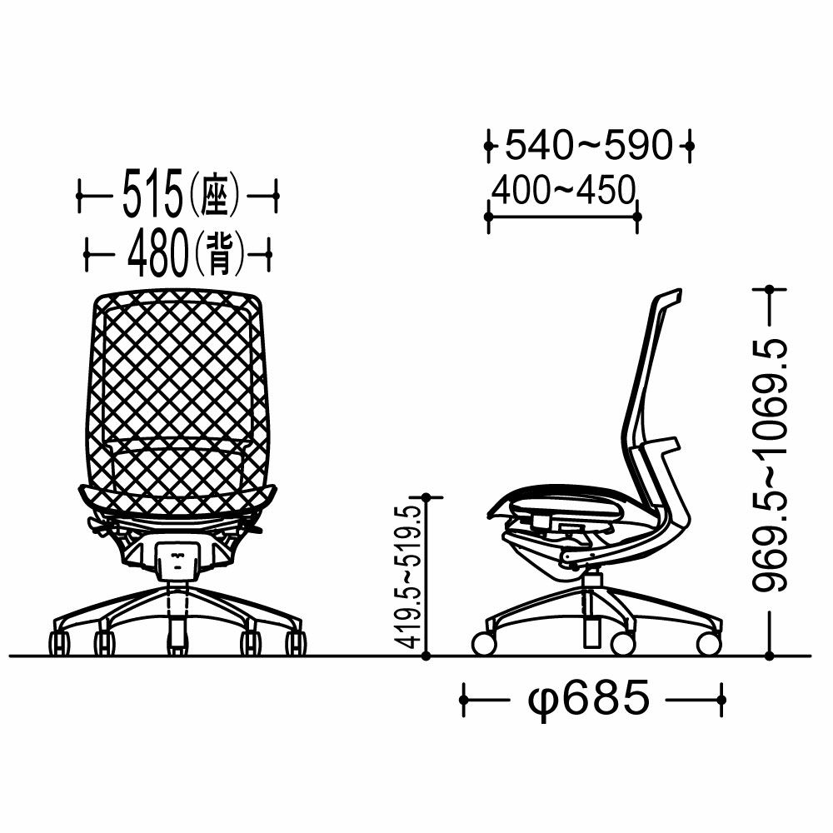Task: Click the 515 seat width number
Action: pos(152,194)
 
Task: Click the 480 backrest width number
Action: pos(157,253)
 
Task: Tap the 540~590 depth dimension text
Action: pos(589,144)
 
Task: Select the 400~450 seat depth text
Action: pos(563,190)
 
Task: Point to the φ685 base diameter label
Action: pos(589,699)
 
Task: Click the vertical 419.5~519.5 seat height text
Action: pos(410,576)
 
